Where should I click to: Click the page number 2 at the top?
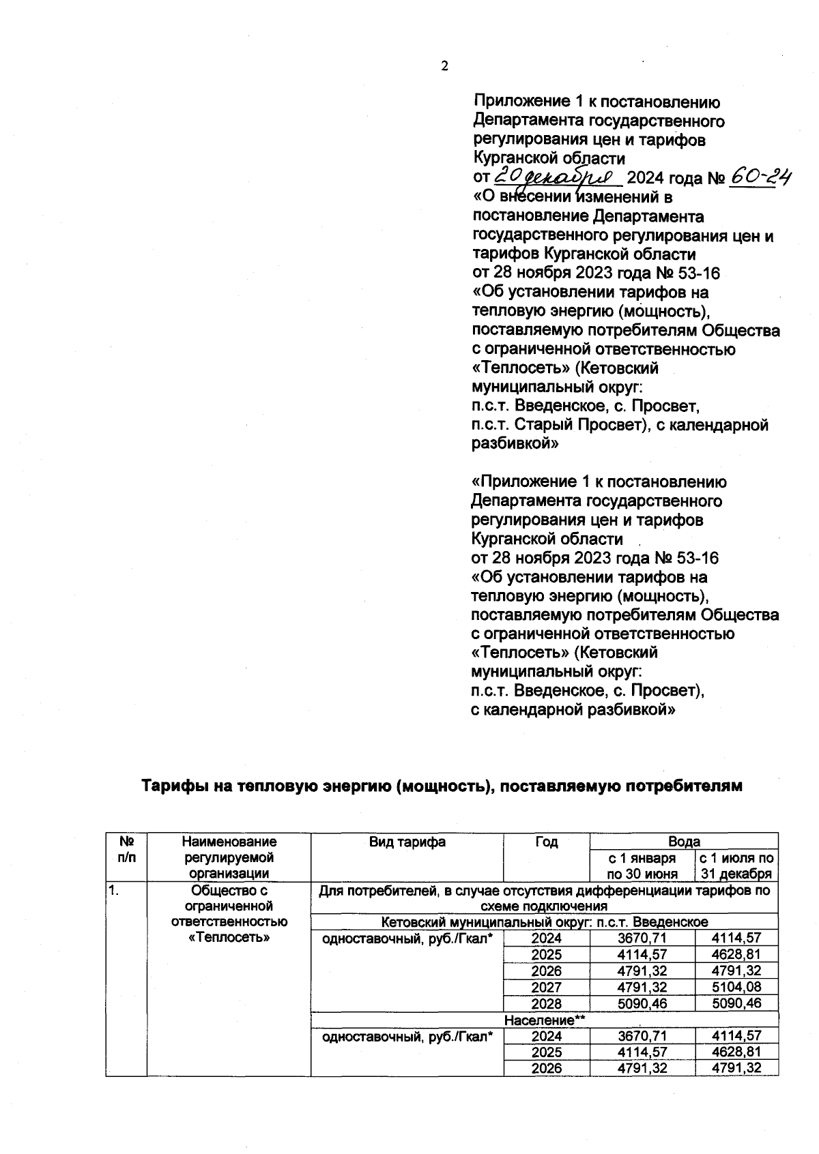click(x=444, y=66)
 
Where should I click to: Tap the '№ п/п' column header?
click(x=126, y=849)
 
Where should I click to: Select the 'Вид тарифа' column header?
click(x=407, y=842)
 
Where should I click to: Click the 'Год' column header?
click(x=546, y=842)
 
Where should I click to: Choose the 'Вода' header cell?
click(x=684, y=841)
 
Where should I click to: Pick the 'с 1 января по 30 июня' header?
click(x=642, y=865)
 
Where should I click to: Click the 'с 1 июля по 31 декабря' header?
click(x=736, y=865)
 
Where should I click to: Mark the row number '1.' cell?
click(x=113, y=891)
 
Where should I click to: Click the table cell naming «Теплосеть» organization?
click(x=229, y=914)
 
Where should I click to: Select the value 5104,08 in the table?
click(x=736, y=987)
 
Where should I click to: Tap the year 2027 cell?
click(x=546, y=987)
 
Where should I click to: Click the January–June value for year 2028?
click(x=642, y=1003)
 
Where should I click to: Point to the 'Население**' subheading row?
click(x=545, y=1020)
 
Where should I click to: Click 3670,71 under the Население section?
click(x=642, y=1037)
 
